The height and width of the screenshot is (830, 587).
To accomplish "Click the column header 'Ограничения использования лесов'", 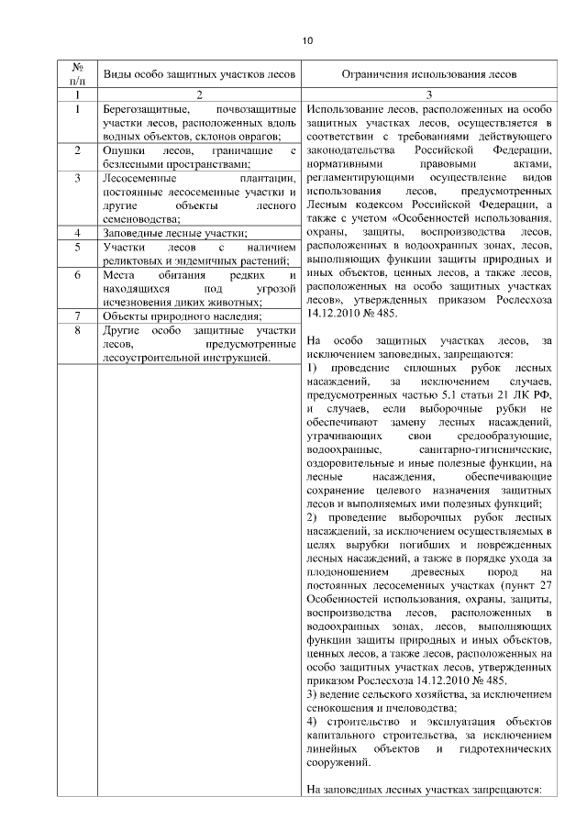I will click(428, 72).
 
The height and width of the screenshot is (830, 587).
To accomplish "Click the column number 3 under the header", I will click(428, 94).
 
